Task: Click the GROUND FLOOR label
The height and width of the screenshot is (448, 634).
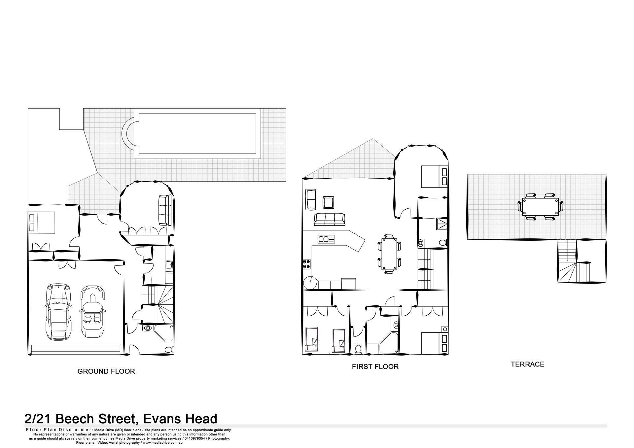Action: pos(106,371)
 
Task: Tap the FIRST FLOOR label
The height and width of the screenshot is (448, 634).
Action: pos(375,366)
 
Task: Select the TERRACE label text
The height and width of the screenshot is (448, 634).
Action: pos(527,364)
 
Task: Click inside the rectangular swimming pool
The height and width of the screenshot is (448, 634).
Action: pos(197,134)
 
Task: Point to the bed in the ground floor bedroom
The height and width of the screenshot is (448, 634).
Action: pos(41,222)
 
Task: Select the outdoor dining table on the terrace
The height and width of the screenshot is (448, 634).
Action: pos(540,206)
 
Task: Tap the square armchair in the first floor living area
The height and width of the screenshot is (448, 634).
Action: pos(328,202)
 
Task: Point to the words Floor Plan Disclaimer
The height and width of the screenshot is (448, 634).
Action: pos(58,430)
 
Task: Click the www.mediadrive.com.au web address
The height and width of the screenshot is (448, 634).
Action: pos(163,442)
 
